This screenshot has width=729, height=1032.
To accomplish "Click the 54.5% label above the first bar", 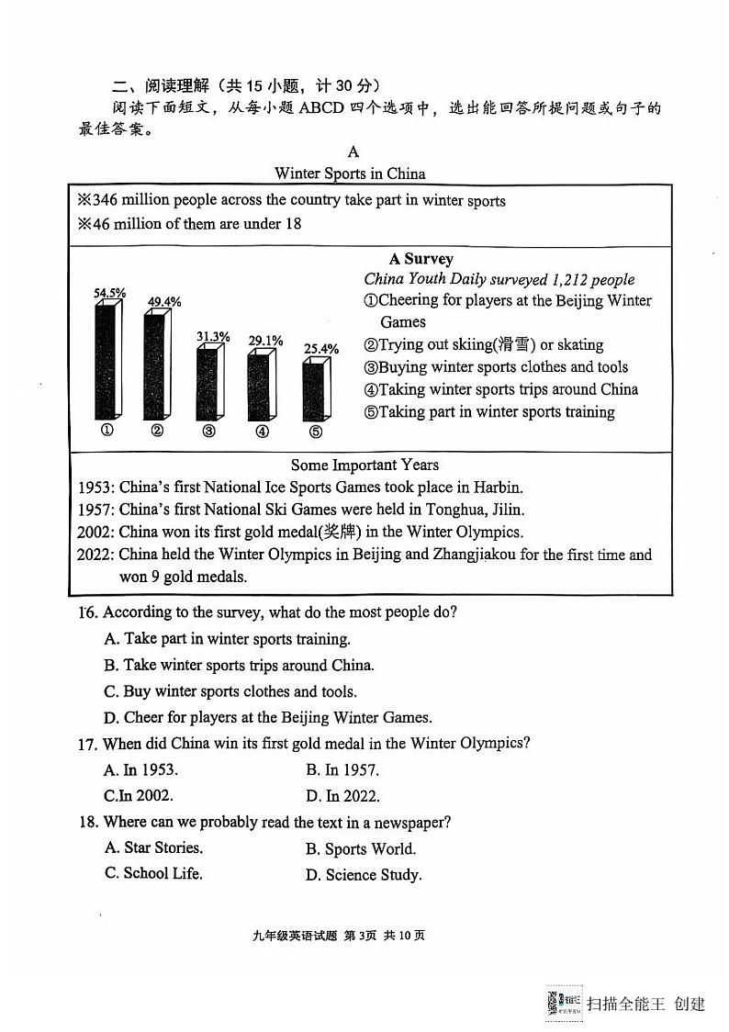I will click(x=109, y=293).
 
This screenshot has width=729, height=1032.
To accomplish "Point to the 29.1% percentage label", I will click(x=265, y=341).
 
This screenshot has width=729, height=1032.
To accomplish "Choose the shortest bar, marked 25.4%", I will click(x=315, y=390).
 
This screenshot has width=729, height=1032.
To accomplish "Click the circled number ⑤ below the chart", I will click(x=315, y=432).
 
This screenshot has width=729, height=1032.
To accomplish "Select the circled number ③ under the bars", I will click(x=208, y=432).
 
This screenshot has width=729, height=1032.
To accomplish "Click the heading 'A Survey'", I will click(x=421, y=259).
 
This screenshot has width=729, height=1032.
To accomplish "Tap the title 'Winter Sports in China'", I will click(x=350, y=174).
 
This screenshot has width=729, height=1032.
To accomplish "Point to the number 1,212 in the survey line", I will click(x=571, y=279).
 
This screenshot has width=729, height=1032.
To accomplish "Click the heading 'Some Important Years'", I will click(x=364, y=465).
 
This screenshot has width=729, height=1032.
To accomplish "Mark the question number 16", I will click(x=87, y=612).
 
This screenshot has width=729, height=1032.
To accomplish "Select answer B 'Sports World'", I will click(x=361, y=849).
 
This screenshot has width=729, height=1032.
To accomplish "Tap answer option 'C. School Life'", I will click(x=153, y=873).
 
